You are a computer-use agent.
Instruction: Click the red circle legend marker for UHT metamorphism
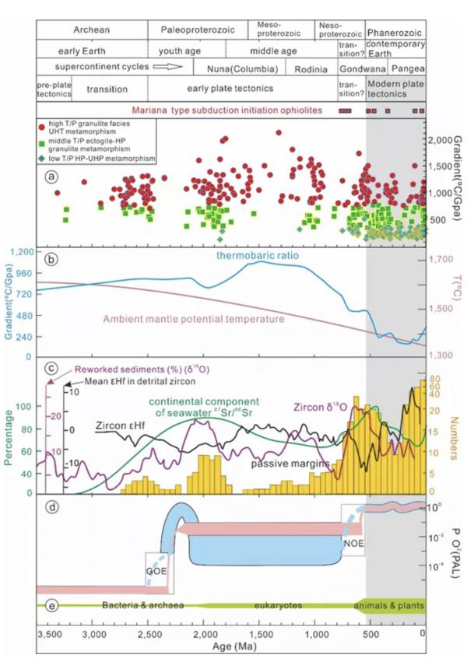[40, 124]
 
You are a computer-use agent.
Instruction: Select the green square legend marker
[40, 142]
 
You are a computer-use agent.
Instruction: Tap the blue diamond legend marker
[40, 159]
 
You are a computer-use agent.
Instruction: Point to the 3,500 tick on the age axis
[49, 633]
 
